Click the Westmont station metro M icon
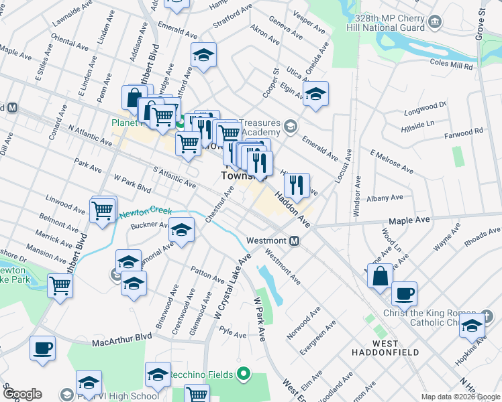click(x=294, y=241)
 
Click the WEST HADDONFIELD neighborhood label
click(x=387, y=352)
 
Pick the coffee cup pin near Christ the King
click(x=404, y=293)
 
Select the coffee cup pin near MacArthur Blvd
click(x=42, y=348)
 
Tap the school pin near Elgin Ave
click(x=315, y=94)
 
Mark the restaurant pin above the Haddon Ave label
click(x=297, y=184)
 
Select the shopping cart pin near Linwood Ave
click(x=102, y=210)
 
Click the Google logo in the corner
click(x=21, y=394)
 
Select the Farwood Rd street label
click(x=468, y=133)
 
